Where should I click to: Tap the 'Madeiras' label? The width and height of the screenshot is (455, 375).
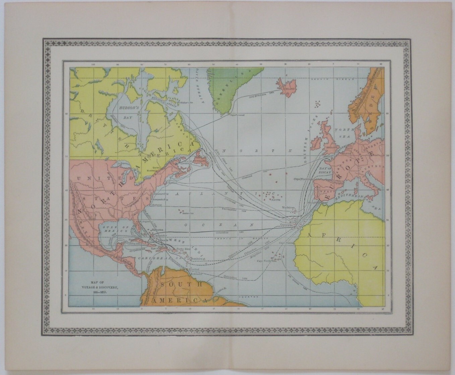coord(288,208)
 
